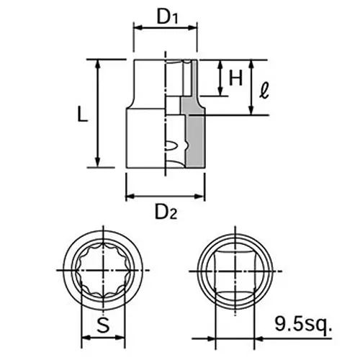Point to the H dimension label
point(235,78)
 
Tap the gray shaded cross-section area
point(192,133)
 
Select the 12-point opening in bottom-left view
point(105,273)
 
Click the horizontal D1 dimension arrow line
point(165,30)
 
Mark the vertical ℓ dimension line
point(251,86)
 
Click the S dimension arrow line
point(105,337)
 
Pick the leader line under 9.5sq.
point(302,336)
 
